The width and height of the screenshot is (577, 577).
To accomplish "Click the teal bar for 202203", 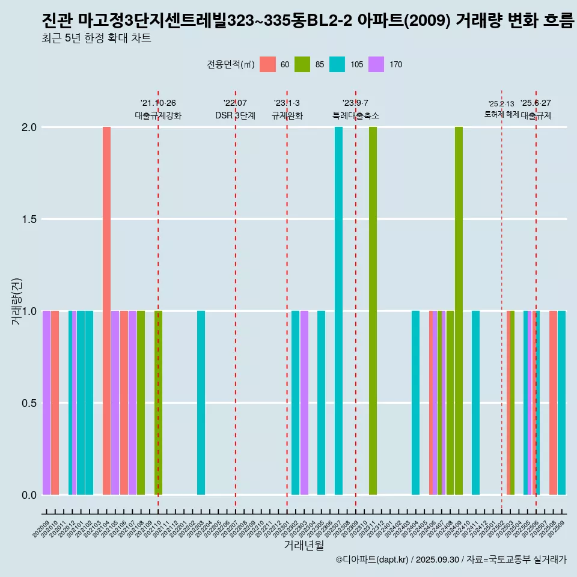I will [201, 403].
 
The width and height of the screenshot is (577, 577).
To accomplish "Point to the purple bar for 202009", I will [46, 403].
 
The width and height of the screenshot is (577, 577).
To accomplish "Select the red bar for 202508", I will [553, 403].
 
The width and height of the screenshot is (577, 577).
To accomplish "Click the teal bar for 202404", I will [415, 403].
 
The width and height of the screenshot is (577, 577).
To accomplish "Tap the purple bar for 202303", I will [304, 403].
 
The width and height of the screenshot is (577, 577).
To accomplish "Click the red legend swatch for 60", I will [267, 64].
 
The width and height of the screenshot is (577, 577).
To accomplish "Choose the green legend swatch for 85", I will [302, 64].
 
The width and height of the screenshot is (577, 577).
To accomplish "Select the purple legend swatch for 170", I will [376, 64].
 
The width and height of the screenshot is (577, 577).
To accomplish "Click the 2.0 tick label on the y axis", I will [29, 127].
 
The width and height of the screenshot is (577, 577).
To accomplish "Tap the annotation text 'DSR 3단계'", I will [235, 115].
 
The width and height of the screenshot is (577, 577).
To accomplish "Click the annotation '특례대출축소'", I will [355, 115].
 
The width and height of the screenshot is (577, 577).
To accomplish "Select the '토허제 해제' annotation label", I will [501, 114].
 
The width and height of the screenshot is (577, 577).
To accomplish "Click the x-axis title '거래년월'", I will [304, 546].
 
